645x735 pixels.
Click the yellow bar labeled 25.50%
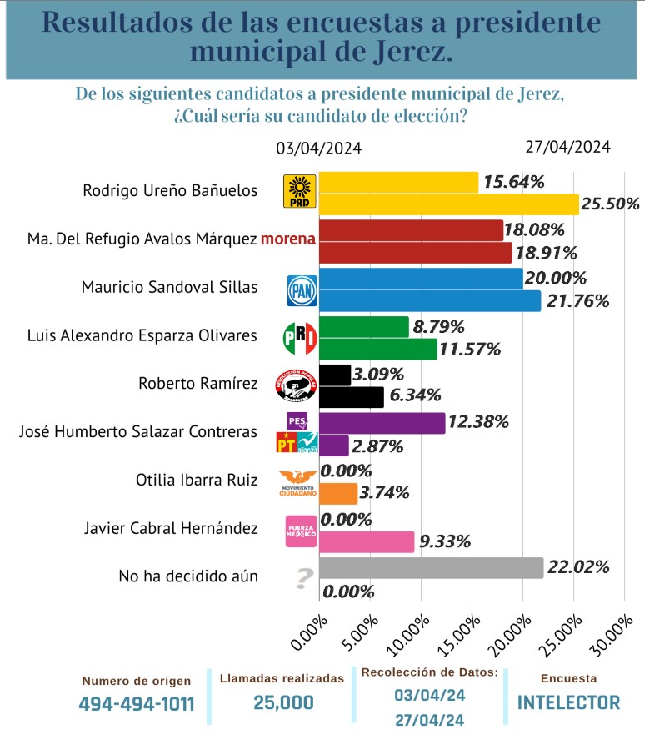448,204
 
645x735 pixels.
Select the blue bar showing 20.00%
421,278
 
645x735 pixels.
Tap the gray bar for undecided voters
431,568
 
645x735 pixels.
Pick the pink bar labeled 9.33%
367,541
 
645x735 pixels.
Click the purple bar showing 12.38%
382,423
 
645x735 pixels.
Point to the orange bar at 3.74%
338,493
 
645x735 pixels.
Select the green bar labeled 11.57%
377,349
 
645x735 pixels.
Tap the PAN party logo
300,289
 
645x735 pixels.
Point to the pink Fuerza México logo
300,530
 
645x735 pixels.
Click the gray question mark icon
304,577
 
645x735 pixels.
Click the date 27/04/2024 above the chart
567,146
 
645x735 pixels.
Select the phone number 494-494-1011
137,703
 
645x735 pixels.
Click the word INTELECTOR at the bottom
568,702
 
